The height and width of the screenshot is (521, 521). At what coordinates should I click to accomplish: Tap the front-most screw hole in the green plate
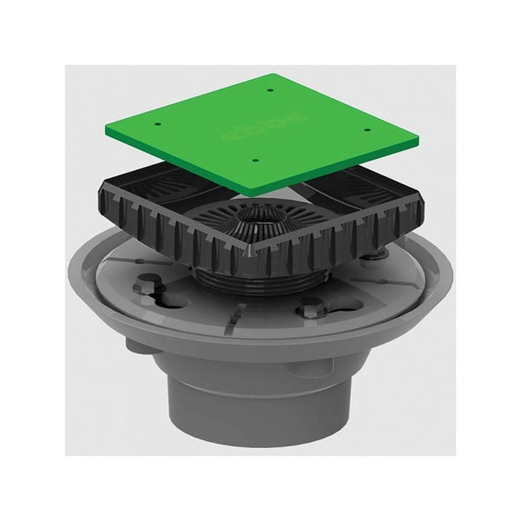[254, 160]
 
